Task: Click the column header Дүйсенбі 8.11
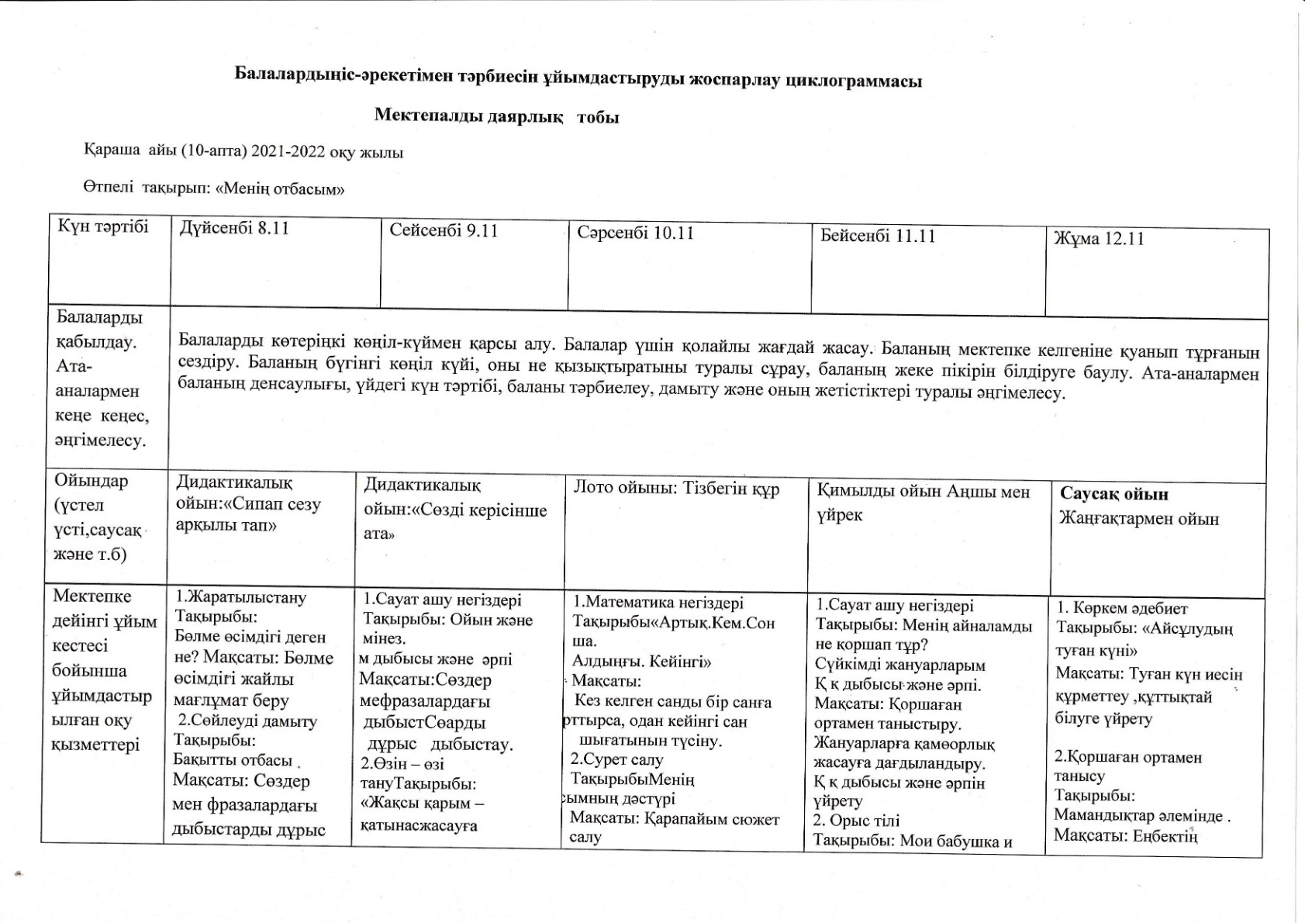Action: pos(234,229)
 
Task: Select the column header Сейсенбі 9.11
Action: pos(444,230)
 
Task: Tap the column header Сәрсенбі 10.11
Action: pos(635,233)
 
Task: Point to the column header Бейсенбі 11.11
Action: pos(878,236)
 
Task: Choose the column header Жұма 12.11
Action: pos(1099,239)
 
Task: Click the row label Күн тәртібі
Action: pos(103,226)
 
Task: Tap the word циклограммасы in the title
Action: pos(854,81)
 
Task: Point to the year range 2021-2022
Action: pos(288,152)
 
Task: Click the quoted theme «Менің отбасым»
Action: pos(280,188)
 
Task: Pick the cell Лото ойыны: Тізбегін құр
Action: pos(676,489)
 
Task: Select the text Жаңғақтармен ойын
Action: pos(1139,519)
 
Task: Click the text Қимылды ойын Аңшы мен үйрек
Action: pos(923,503)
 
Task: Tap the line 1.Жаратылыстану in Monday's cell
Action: pos(241,597)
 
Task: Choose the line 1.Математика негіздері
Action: pos(658,603)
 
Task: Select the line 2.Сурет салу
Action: pos(616,759)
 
